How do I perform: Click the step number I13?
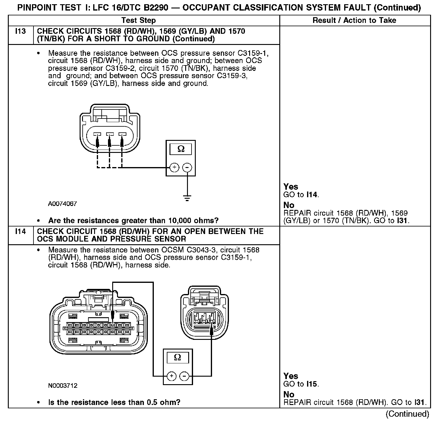tap(20, 31)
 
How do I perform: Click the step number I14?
tap(20, 232)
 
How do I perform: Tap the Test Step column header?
tap(138, 21)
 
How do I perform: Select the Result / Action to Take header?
tap(354, 21)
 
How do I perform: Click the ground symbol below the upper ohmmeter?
tap(187, 198)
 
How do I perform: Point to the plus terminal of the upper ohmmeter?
tap(174, 167)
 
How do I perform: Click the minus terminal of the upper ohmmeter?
tap(187, 167)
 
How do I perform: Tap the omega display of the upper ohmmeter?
tap(181, 149)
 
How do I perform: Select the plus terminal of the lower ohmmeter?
tap(171, 376)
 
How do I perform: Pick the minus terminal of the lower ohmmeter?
tap(184, 376)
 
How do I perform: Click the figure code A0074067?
tap(62, 204)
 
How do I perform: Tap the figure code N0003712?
tap(62, 386)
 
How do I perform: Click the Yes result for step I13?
tap(291, 187)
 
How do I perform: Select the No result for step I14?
tap(289, 394)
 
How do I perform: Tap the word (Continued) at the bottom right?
tap(407, 414)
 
